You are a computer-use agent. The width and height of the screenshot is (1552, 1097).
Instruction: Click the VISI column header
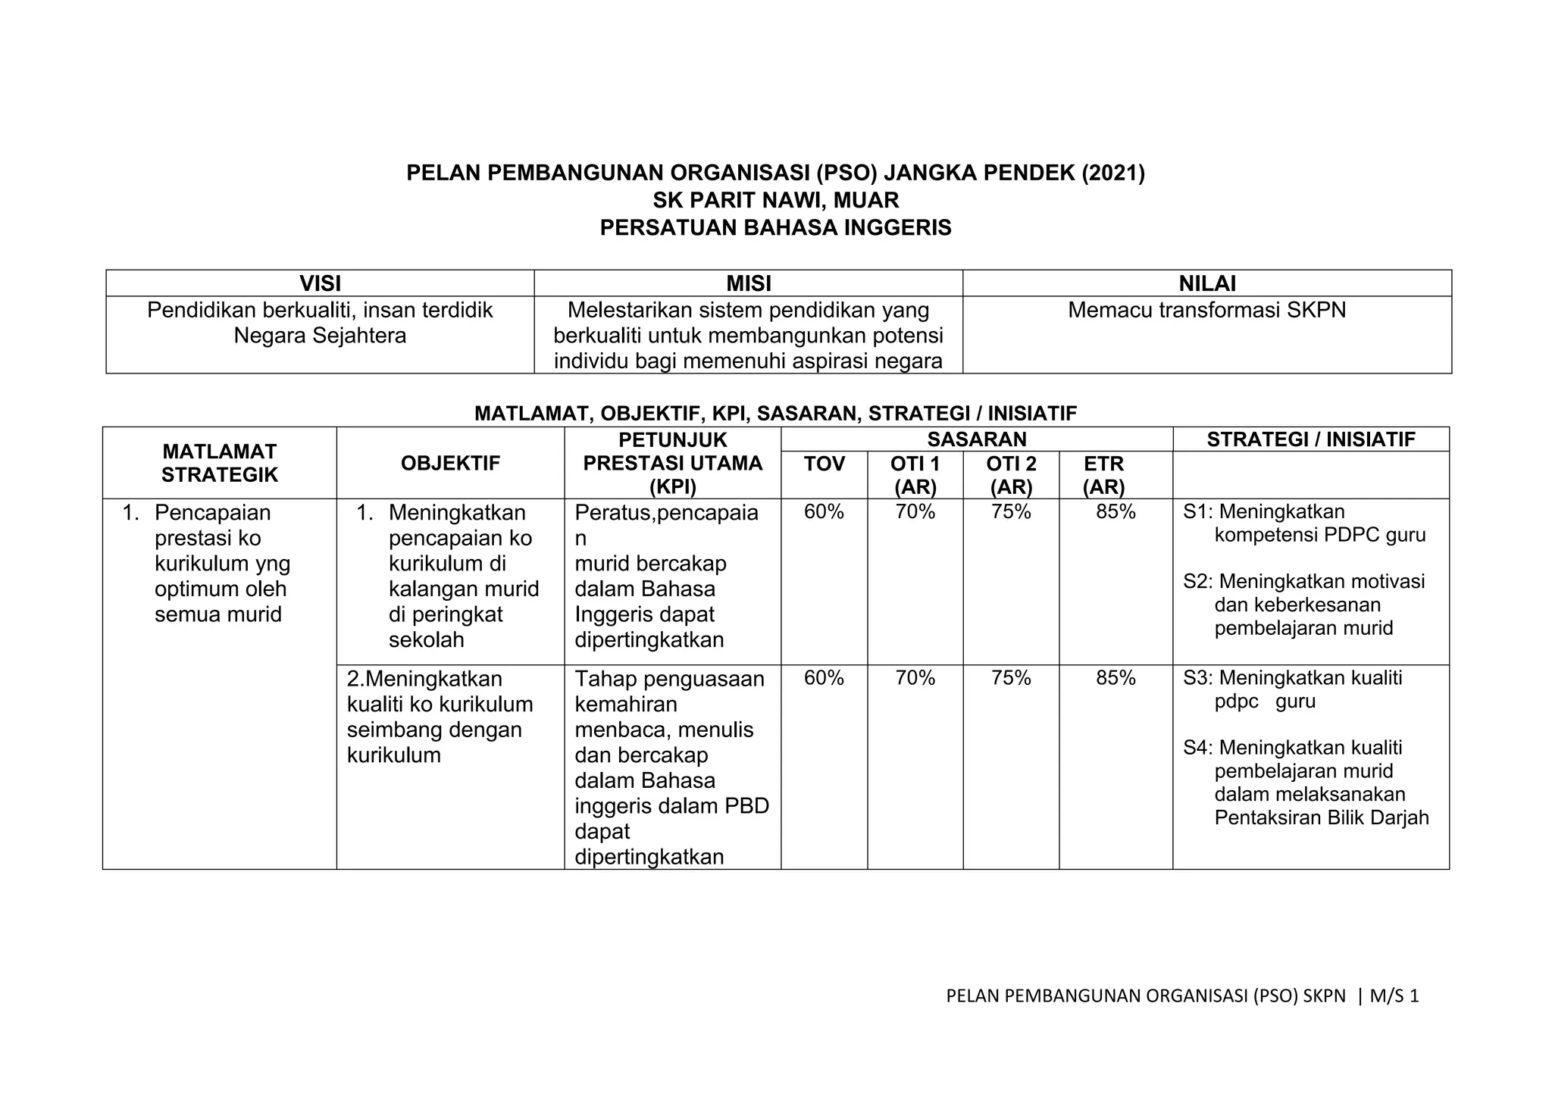320,283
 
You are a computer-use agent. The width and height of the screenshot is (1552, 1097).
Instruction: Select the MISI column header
748,283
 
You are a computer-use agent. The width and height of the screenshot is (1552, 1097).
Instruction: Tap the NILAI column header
1207,283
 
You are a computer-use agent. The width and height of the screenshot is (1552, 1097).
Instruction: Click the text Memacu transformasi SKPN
1206,310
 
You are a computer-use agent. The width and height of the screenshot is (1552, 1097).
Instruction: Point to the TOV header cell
824,464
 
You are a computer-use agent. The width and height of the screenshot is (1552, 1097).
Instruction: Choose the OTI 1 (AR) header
915,475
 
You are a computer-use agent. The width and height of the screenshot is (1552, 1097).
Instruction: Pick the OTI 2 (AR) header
1011,475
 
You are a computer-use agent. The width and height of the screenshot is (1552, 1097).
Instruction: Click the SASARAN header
977,439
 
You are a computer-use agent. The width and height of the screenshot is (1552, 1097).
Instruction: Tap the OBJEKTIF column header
450,464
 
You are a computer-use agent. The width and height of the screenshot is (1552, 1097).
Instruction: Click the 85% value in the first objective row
1115,512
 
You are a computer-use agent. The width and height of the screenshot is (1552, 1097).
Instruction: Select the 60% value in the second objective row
824,678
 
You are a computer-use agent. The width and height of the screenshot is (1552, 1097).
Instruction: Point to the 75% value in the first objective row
1011,512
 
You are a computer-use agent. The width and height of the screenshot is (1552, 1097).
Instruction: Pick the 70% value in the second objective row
915,678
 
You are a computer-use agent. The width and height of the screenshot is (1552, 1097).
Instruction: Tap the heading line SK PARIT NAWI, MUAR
775,201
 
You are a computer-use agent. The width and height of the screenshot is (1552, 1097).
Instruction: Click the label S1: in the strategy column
1197,512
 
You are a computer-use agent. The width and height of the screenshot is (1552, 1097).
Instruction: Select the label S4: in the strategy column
1197,748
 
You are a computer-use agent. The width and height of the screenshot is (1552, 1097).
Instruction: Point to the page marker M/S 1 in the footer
1393,996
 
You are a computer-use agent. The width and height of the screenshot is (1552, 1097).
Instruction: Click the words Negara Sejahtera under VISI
320,336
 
